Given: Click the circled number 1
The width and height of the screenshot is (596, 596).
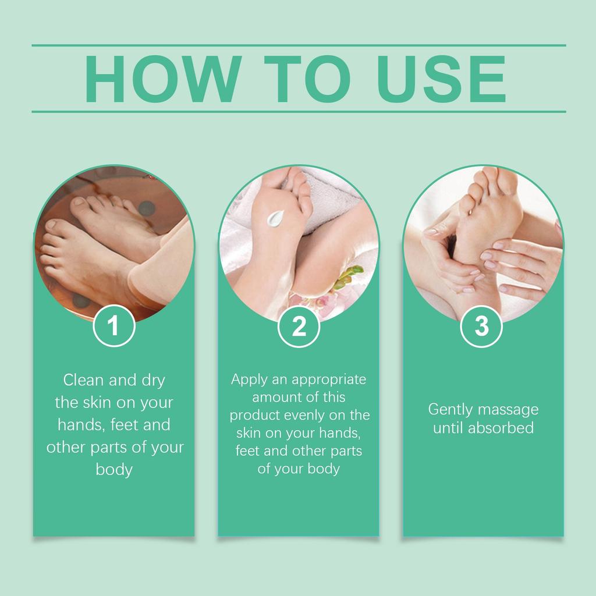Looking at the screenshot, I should tap(114, 326).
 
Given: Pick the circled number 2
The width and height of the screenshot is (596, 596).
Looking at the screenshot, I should tap(299, 327).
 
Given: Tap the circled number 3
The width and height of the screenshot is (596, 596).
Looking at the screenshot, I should tap(482, 326).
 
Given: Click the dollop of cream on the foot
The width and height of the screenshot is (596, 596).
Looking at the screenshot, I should tap(274, 218).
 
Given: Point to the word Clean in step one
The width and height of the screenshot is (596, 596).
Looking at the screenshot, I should tap(83, 381).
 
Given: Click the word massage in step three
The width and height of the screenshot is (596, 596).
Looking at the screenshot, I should tap(508, 409).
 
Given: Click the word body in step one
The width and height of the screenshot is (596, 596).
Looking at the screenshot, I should tap(114, 469).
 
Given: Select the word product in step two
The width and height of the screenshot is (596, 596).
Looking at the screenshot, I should tap(253, 416).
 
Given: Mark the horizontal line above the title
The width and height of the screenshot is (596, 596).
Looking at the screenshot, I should tap(299, 45).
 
